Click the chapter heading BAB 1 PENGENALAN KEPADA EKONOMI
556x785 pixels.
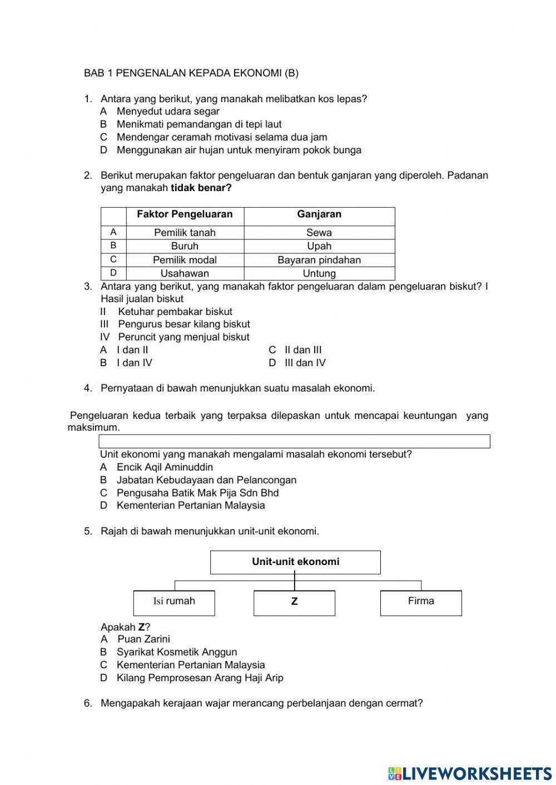[x=191, y=73]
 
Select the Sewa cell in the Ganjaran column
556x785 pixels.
[x=319, y=233]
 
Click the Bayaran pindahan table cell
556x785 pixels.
[x=319, y=260]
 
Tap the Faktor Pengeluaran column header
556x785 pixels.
[x=185, y=214]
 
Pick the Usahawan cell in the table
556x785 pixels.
[x=185, y=273]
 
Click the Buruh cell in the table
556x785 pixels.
[x=185, y=246]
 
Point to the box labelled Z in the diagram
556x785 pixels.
[x=294, y=602]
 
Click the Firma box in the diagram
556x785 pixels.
[x=421, y=602]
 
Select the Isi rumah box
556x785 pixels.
[x=174, y=602]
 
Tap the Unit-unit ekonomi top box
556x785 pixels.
[x=295, y=562]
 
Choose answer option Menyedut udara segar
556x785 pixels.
[x=167, y=111]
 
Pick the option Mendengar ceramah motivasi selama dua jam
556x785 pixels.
[x=221, y=137]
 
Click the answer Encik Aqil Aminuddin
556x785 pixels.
[x=164, y=467]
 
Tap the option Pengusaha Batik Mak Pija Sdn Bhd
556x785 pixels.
[x=197, y=493]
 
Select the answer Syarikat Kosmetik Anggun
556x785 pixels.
[x=176, y=652]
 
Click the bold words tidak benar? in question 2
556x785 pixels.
[x=201, y=188]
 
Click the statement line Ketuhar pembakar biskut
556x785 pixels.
[x=175, y=312]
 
